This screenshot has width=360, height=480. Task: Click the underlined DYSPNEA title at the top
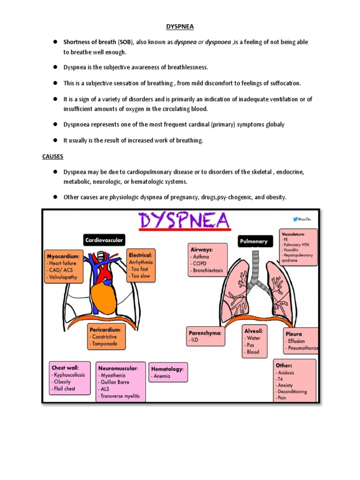tap(180, 27)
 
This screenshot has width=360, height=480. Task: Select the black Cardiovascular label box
tap(104, 240)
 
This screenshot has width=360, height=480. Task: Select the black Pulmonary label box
tap(254, 241)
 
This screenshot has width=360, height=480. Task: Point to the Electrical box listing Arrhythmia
tap(141, 265)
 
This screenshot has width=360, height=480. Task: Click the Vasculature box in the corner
tap(298, 246)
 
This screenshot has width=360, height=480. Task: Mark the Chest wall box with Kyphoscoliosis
tap(69, 378)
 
